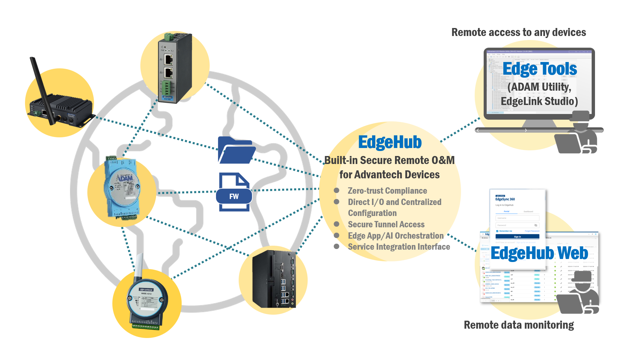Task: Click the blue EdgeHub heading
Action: [x=390, y=142]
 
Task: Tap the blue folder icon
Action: [x=236, y=151]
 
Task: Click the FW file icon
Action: [x=234, y=192]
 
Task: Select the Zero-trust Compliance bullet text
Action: [x=387, y=191]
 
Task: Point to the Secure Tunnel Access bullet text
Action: [x=386, y=224]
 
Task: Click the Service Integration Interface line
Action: [x=399, y=247]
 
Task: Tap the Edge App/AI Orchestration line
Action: [x=395, y=236]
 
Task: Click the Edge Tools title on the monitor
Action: [x=539, y=69]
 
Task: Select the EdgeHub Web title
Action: [x=539, y=253]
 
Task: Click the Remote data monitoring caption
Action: [x=519, y=325]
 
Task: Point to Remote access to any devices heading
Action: [x=518, y=32]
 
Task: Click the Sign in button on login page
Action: [x=517, y=237]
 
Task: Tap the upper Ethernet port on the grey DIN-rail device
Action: [x=168, y=60]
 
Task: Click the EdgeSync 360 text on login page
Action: [x=505, y=199]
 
